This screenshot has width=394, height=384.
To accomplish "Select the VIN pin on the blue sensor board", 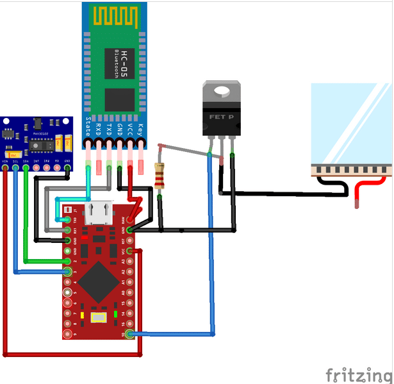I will point(6,168).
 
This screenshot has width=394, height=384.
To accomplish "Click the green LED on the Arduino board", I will point(115,314).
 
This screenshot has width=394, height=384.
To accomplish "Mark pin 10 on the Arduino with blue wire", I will point(131,334).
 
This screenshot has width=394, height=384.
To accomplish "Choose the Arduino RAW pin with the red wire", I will point(131,220).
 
